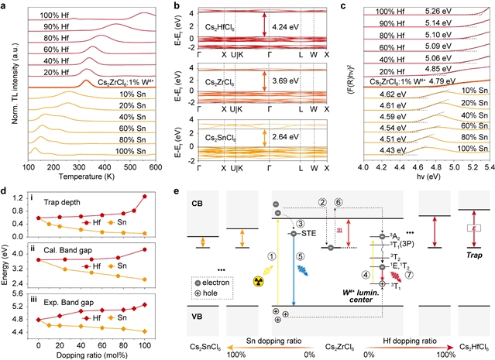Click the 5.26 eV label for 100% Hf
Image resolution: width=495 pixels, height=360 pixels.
click(x=438, y=12)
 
